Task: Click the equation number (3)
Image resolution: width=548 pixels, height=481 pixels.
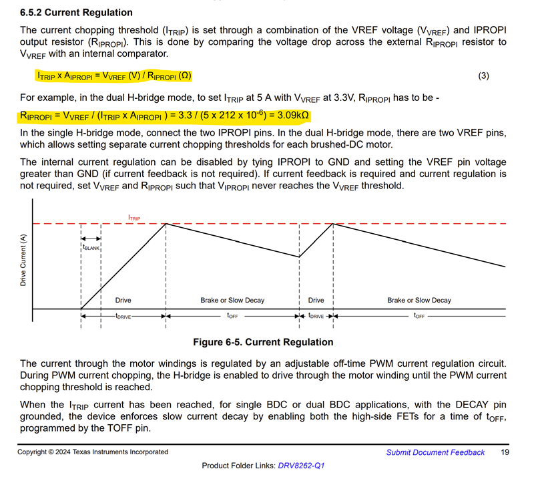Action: tap(484, 75)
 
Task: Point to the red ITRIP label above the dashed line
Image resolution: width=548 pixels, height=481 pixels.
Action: tap(134, 218)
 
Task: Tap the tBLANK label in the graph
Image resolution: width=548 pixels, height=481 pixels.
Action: tap(91, 247)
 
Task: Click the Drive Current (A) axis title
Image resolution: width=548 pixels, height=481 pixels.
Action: tap(23, 261)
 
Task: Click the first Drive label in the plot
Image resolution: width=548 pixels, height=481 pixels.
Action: tap(123, 300)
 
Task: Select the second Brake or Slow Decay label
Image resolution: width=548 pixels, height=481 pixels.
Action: tap(419, 300)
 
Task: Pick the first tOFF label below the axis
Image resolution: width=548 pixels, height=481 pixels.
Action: tap(232, 315)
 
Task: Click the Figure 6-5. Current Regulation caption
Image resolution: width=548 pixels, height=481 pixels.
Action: tap(262, 342)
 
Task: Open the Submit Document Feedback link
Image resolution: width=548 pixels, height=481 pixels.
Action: tap(435, 452)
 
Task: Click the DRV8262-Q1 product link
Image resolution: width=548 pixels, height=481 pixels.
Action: tap(302, 465)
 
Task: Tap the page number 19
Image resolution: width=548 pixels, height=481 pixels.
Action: tap(505, 452)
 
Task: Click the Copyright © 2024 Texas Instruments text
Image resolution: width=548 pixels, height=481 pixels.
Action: tap(93, 452)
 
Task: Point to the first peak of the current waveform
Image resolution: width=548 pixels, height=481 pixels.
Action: tap(166, 223)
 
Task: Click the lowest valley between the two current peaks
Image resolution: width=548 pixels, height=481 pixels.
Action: tap(299, 257)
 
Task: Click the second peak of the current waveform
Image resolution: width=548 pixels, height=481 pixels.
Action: tap(332, 223)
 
